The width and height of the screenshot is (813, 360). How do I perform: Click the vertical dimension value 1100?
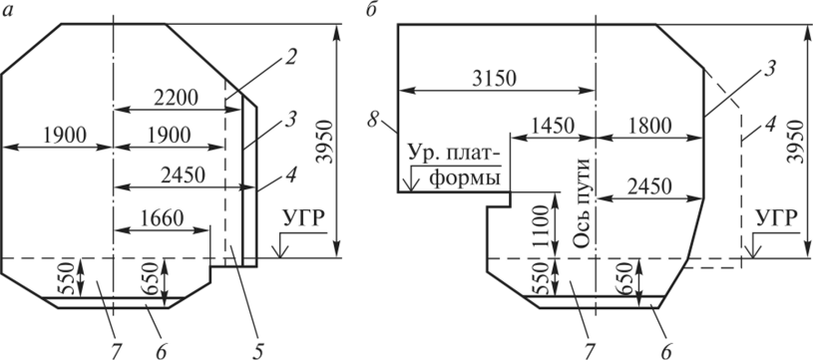[543, 225]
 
